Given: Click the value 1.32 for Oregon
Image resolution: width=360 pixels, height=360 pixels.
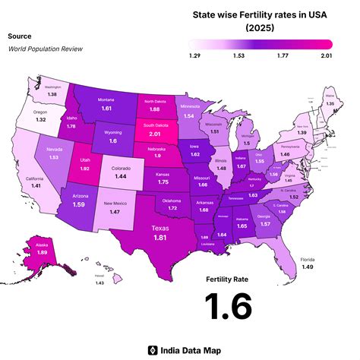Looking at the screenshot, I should point(40,119).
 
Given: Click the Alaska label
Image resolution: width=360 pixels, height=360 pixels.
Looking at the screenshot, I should point(43,245).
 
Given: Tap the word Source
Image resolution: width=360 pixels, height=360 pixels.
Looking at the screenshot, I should point(20,36).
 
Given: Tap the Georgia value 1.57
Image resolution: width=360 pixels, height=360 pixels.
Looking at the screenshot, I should point(265,224).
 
